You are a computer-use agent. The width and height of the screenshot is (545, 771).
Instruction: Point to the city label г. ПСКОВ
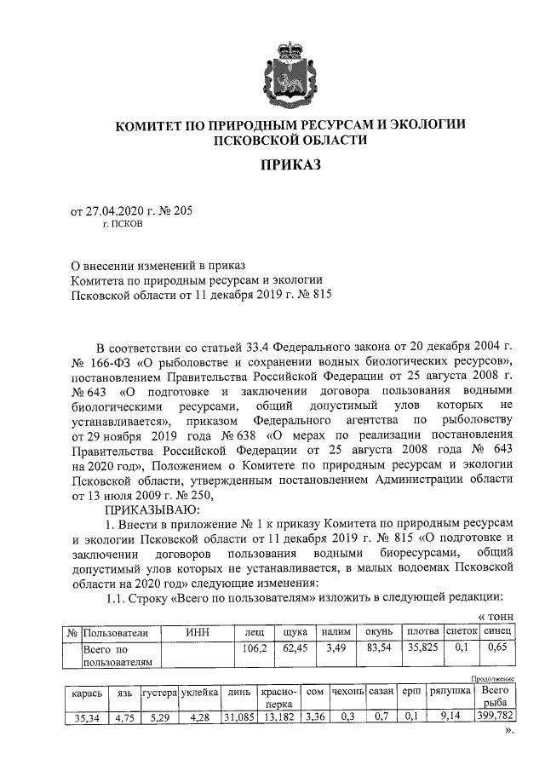click(x=123, y=226)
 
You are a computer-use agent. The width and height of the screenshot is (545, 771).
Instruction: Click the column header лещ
click(x=253, y=632)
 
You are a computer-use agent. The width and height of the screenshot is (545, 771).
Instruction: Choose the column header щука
click(x=294, y=632)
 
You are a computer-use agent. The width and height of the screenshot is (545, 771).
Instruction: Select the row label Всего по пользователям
click(x=117, y=654)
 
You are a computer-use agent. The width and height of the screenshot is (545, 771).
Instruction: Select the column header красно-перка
click(x=278, y=698)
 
